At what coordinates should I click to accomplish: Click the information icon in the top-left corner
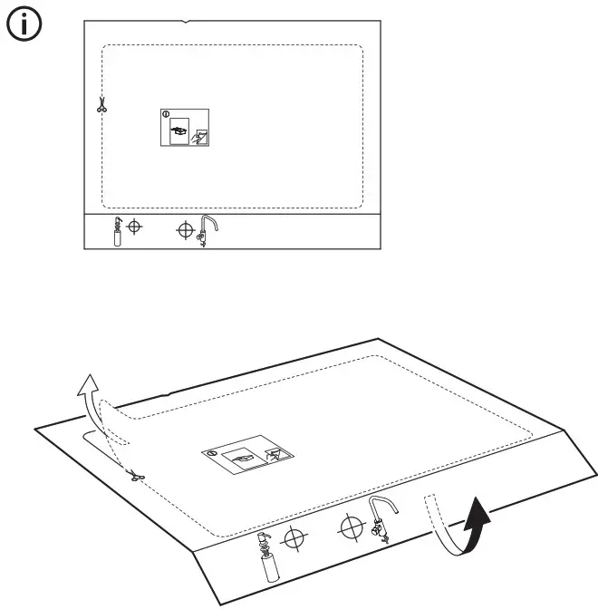coord(24,27)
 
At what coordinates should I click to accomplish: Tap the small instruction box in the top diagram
coord(185,128)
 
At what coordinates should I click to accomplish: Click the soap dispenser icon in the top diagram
coord(116,232)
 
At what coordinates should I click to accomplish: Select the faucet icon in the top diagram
coord(206,232)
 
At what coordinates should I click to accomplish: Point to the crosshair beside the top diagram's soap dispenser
coord(134,226)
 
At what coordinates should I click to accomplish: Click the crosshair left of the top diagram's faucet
coord(185,230)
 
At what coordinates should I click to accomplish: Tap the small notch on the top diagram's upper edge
coord(185,20)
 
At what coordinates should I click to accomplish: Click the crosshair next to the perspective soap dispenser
coord(293,539)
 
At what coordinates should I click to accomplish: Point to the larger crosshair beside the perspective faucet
coord(349,526)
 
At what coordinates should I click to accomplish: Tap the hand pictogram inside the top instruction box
coord(200,137)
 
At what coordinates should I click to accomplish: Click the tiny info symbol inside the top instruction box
coord(165,114)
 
